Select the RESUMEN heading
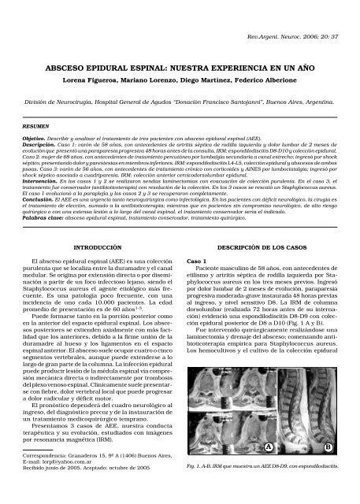pyautogui.click(x=35, y=124)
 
